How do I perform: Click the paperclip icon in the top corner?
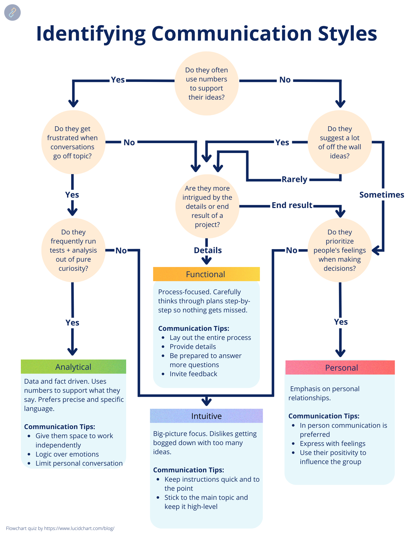pyautogui.click(x=12, y=13)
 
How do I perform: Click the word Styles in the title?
pyautogui.click(x=347, y=34)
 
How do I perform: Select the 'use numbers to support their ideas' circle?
pyautogui.click(x=206, y=84)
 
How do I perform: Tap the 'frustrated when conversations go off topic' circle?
pyautogui.click(x=73, y=142)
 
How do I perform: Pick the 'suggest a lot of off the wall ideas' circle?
pyautogui.click(x=339, y=142)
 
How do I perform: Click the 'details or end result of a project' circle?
pyautogui.click(x=207, y=206)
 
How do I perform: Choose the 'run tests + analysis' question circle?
pyautogui.click(x=73, y=250)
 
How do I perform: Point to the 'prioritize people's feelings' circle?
pyautogui.click(x=339, y=250)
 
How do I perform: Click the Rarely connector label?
pyautogui.click(x=294, y=179)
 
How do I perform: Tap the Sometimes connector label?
pyautogui.click(x=381, y=195)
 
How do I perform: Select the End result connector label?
pyautogui.click(x=292, y=205)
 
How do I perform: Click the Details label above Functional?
pyautogui.click(x=208, y=250)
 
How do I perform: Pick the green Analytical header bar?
pyautogui.click(x=73, y=367)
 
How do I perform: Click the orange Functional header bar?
pyautogui.click(x=206, y=274)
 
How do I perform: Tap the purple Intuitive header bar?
pyautogui.click(x=206, y=416)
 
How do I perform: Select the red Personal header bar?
pyautogui.click(x=340, y=368)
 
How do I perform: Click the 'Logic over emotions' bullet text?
pyautogui.click(x=67, y=454)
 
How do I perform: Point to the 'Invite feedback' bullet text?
pyautogui.click(x=193, y=374)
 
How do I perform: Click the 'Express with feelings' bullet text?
pyautogui.click(x=333, y=443)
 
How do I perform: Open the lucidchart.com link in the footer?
pyautogui.click(x=79, y=528)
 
